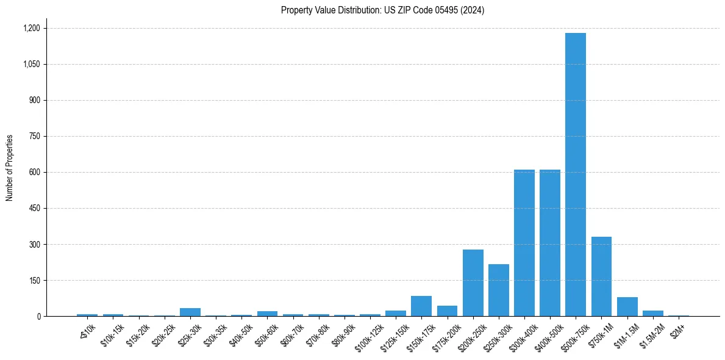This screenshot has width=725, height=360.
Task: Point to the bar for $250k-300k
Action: [x=498, y=290]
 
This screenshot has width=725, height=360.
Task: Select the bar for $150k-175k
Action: [x=421, y=306]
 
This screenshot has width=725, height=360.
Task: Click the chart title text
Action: [x=382, y=10]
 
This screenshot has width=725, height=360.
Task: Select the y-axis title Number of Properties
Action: [x=10, y=168]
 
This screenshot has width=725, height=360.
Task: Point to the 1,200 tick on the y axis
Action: [x=32, y=28]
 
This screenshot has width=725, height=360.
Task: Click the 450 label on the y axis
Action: [x=35, y=208]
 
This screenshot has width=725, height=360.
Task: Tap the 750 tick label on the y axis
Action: [x=35, y=136]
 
